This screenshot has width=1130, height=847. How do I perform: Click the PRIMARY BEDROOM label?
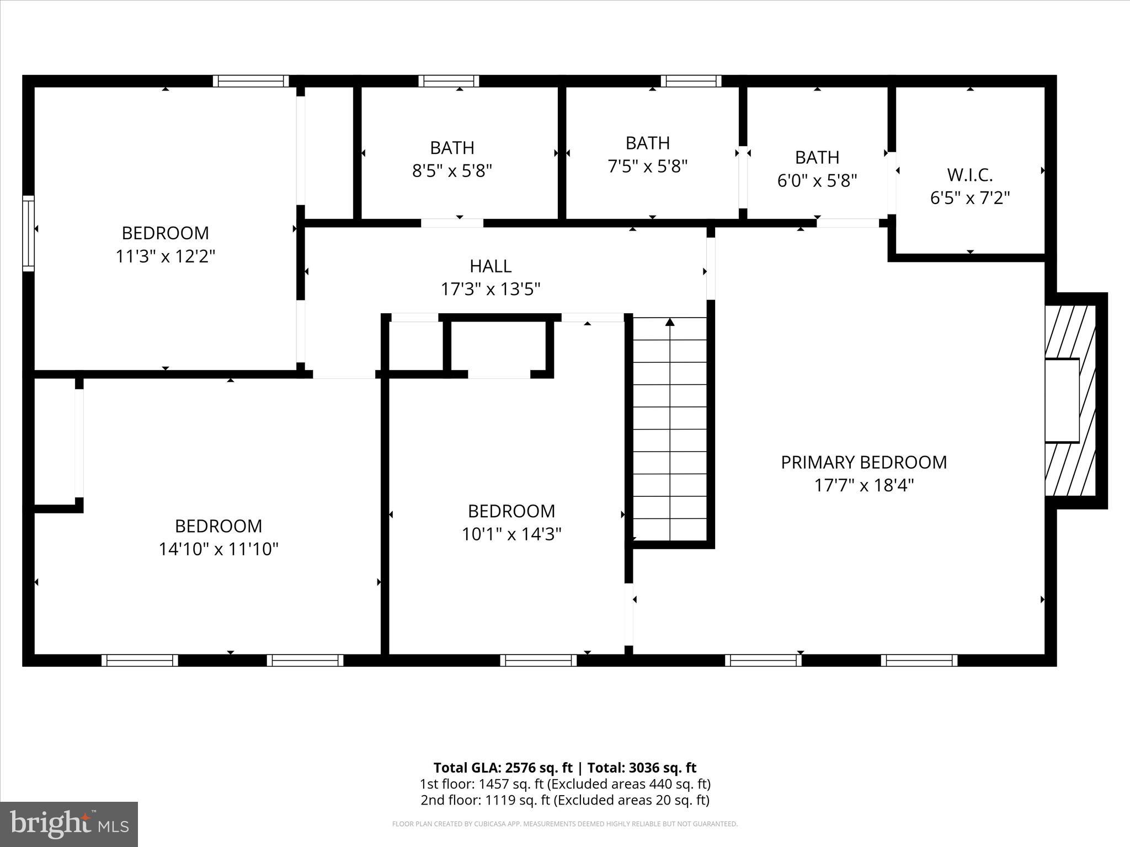click(864, 462)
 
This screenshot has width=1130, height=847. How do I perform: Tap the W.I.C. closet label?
click(969, 175)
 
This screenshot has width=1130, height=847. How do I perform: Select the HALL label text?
click(490, 266)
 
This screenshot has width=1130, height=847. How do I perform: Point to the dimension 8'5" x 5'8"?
click(452, 171)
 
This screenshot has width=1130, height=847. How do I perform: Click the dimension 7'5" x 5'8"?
click(647, 166)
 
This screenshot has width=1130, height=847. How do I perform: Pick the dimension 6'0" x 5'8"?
click(817, 180)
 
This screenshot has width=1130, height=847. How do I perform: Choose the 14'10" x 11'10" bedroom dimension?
click(218, 549)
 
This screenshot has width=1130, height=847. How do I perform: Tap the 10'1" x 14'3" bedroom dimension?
click(511, 534)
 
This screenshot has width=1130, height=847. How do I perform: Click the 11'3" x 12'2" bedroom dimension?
click(165, 256)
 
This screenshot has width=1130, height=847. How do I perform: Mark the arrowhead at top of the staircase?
click(670, 322)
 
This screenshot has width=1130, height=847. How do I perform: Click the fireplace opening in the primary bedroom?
click(1062, 400)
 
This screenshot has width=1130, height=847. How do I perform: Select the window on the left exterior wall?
click(28, 233)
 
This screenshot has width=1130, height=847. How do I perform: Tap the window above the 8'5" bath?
click(449, 81)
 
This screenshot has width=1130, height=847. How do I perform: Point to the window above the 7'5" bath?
click(691, 81)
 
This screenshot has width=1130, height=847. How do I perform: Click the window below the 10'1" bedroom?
click(538, 660)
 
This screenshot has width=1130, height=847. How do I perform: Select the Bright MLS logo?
click(69, 824)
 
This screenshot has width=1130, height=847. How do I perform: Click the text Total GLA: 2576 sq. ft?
click(503, 768)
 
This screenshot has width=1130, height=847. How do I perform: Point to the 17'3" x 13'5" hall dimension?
click(490, 289)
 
